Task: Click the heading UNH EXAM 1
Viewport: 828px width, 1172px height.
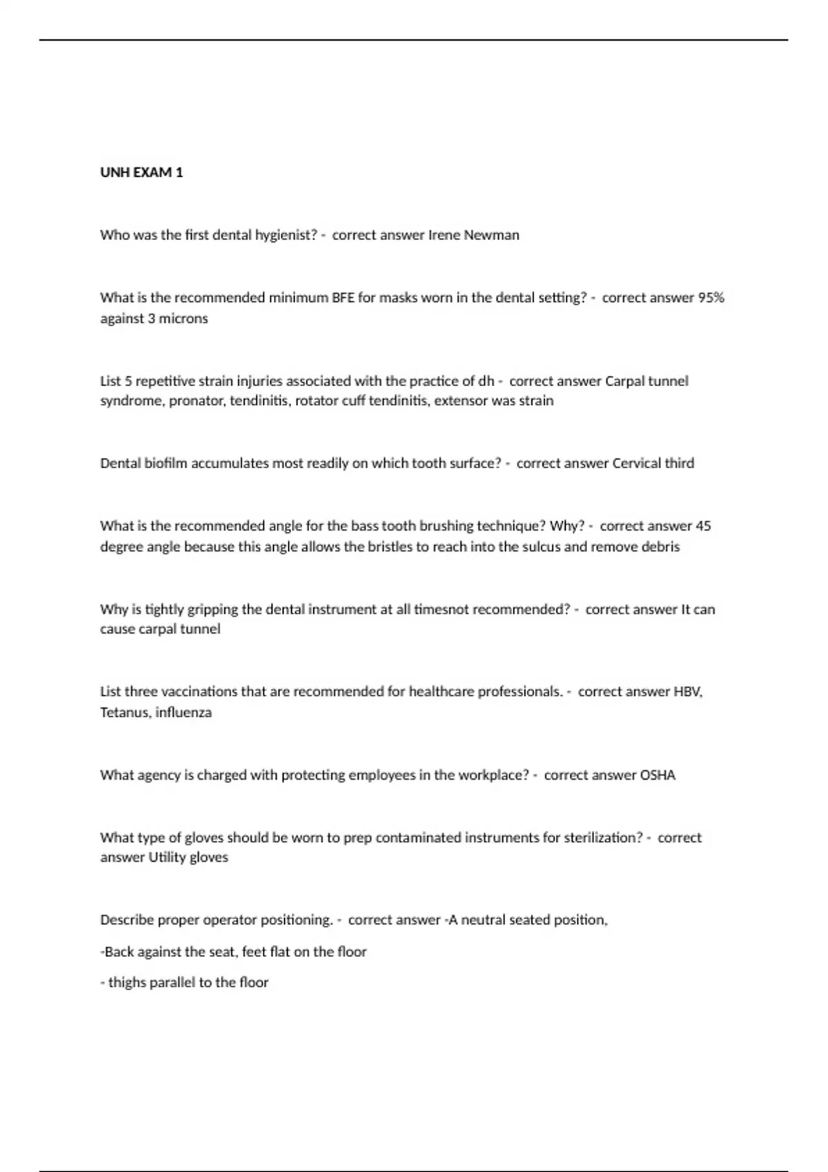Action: [x=141, y=172]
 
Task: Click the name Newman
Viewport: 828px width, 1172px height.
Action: [x=491, y=235]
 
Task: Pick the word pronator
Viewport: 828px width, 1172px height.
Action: [x=197, y=401]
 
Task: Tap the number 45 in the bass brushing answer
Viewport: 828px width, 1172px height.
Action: [x=703, y=526]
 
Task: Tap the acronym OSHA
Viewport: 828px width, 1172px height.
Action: [x=658, y=776]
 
